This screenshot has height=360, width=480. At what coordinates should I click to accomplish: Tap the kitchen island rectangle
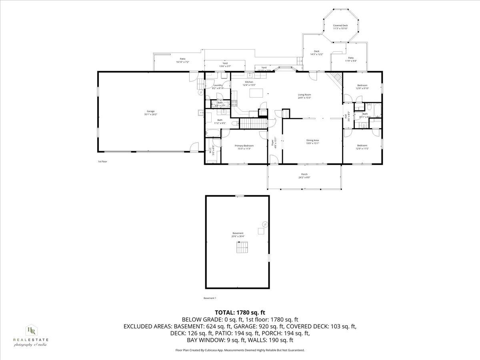tap(256, 93)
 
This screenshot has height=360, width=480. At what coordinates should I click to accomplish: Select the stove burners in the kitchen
tap(234, 104)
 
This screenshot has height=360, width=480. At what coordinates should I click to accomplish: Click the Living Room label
tap(304, 94)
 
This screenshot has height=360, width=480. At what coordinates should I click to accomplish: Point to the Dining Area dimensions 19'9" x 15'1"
tap(312, 143)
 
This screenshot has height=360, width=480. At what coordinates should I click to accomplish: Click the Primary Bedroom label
tap(244, 146)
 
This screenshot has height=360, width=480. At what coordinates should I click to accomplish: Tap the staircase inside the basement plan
tap(242, 248)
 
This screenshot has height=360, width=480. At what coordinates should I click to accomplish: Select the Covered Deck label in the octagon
tap(340, 25)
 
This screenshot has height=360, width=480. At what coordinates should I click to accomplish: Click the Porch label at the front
tap(304, 174)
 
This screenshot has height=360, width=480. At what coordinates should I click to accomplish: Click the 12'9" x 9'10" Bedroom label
tap(362, 85)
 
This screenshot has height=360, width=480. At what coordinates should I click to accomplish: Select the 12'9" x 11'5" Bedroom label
tap(362, 145)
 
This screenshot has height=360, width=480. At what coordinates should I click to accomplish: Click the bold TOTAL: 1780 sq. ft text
tap(240, 312)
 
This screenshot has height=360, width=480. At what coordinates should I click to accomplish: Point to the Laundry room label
tap(218, 85)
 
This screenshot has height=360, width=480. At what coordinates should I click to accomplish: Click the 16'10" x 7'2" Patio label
tap(182, 59)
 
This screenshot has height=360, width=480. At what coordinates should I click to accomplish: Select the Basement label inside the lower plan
tap(238, 233)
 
